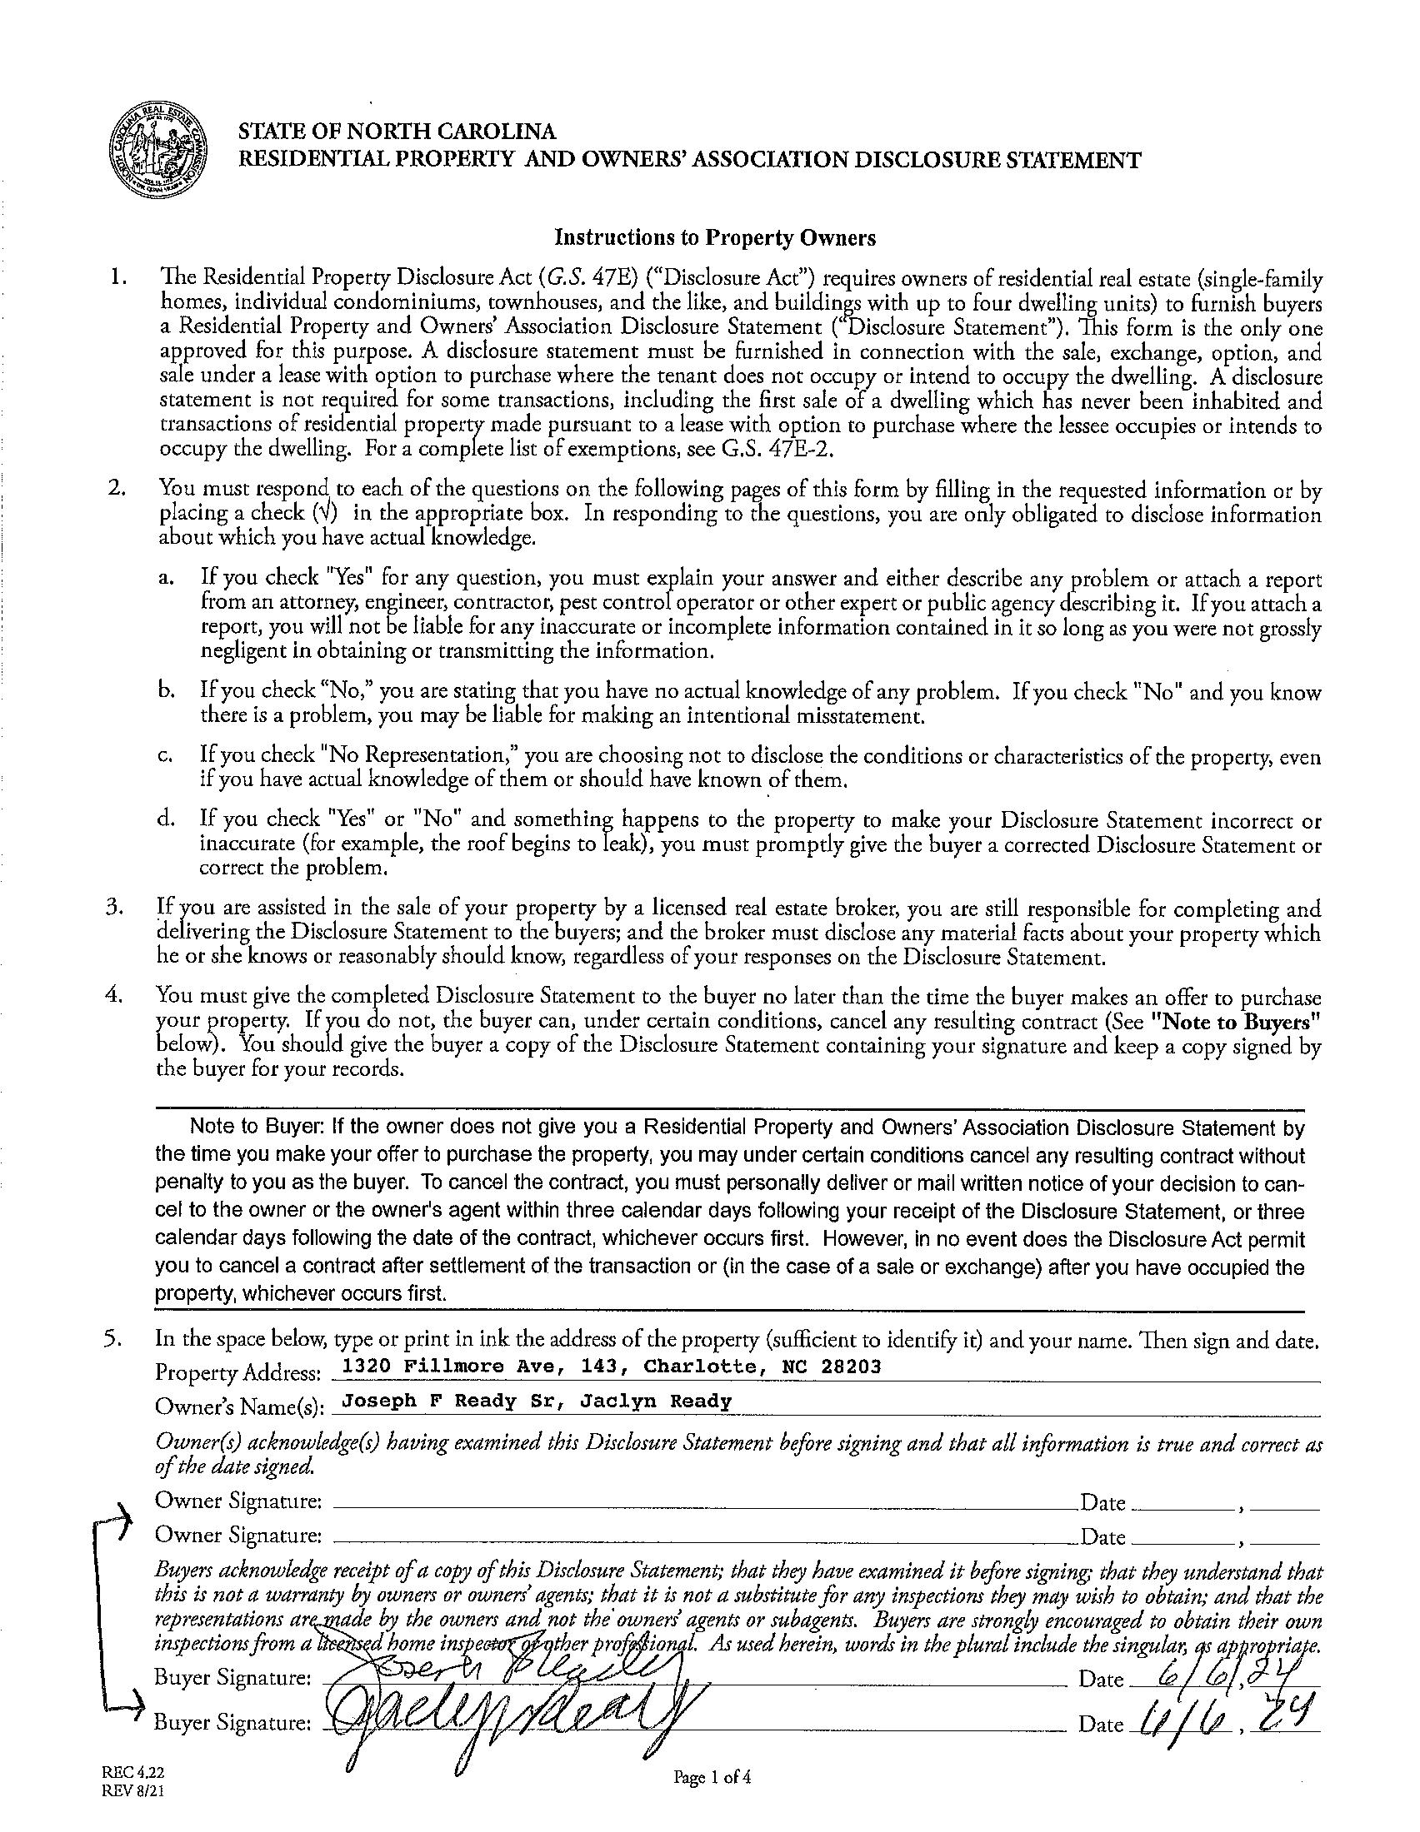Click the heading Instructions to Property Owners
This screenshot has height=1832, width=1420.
714,238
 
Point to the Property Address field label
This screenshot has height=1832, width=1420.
237,1373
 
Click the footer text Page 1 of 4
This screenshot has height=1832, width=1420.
712,1775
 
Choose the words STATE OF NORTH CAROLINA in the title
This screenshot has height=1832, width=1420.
396,132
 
